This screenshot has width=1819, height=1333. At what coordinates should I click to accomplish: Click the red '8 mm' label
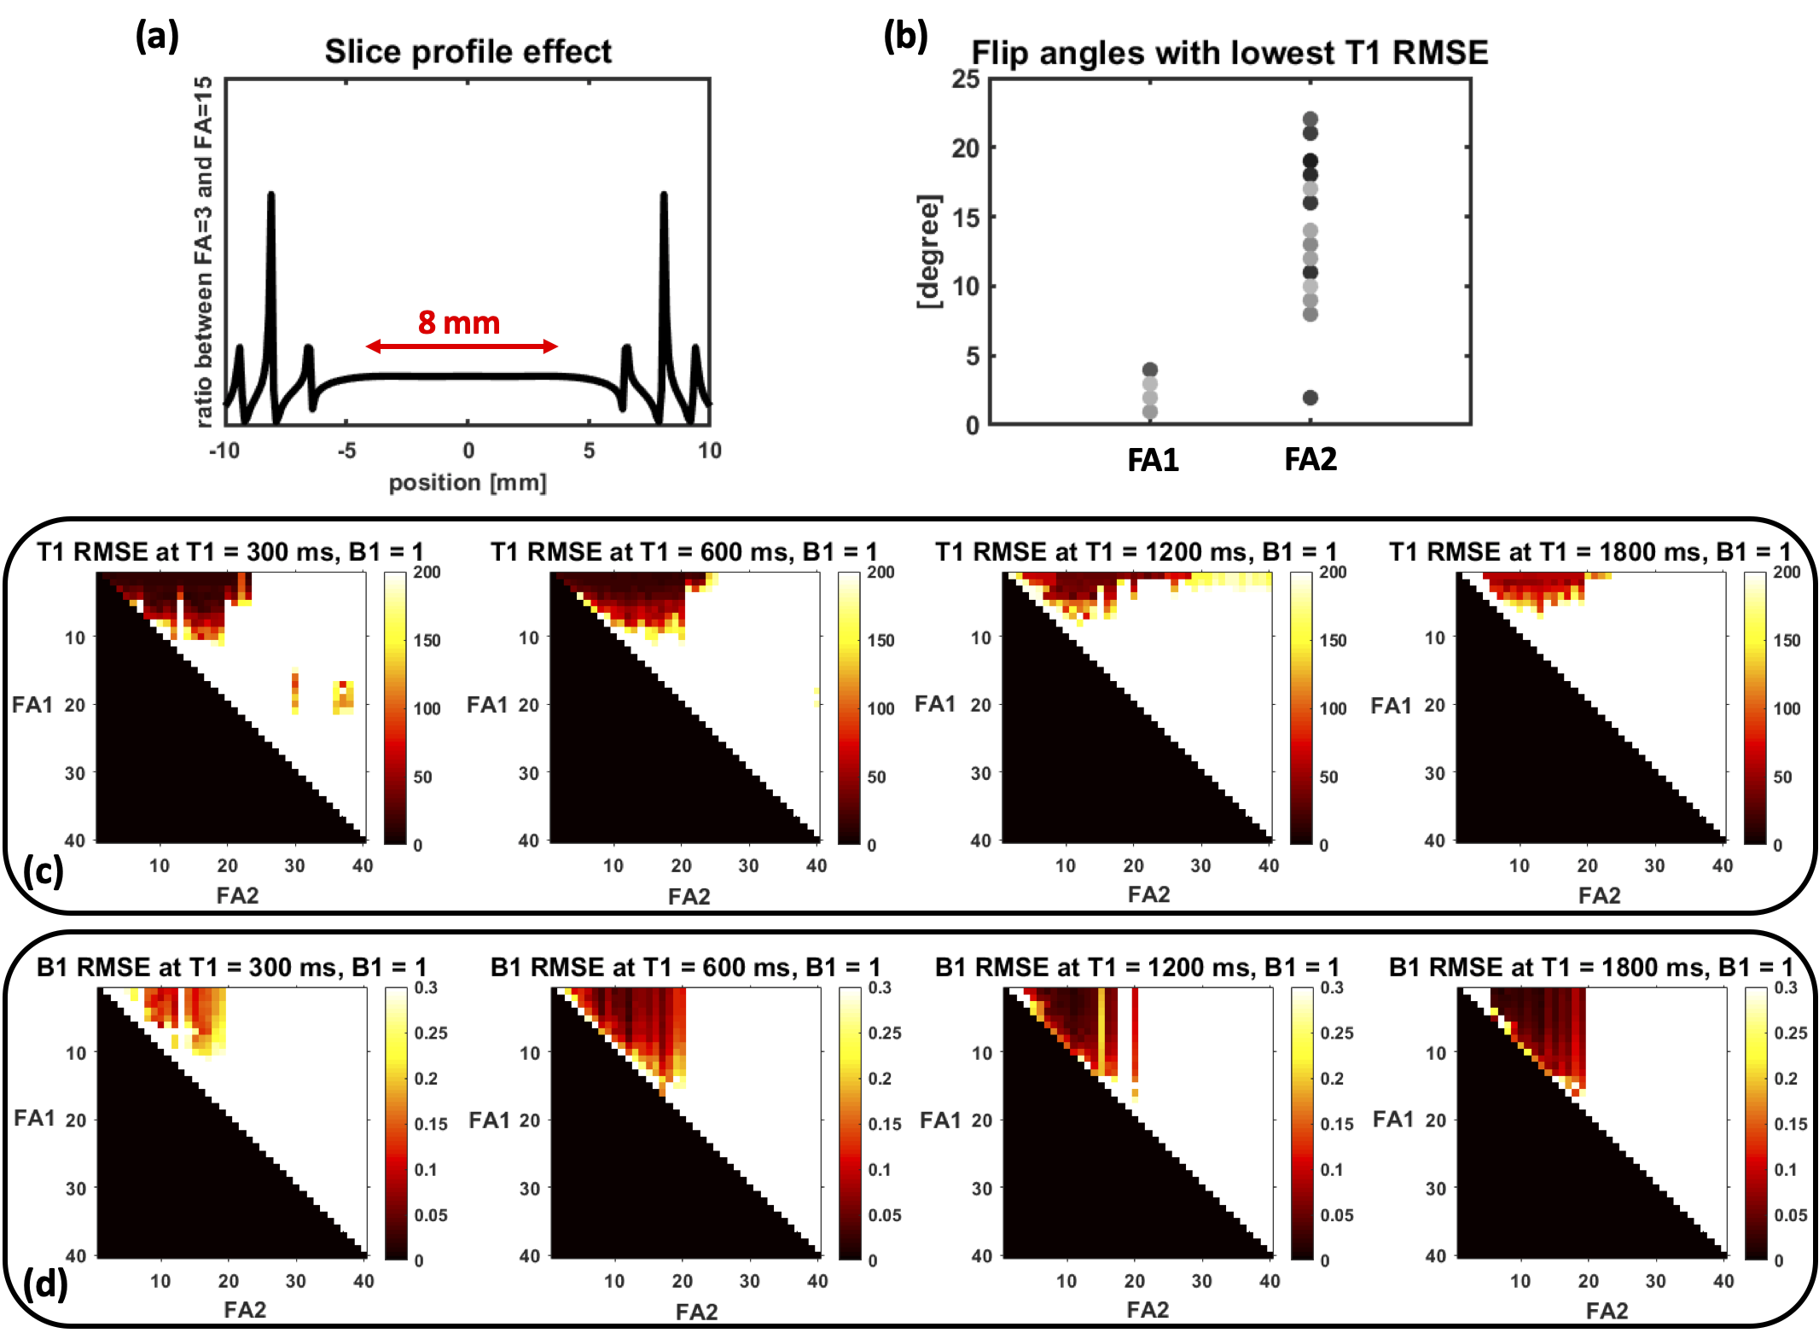click(x=459, y=323)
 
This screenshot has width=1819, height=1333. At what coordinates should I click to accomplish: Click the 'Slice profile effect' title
click(x=468, y=52)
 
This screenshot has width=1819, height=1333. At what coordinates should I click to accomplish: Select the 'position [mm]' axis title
click(x=468, y=483)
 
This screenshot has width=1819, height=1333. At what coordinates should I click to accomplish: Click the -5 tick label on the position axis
click(x=346, y=451)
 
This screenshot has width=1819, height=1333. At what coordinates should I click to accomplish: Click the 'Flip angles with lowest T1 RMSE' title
click(x=1229, y=53)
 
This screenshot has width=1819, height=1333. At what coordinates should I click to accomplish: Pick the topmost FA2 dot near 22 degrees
click(x=1310, y=119)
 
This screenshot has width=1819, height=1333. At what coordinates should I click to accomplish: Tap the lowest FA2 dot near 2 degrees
click(x=1310, y=398)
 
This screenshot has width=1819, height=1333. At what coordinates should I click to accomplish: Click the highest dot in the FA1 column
click(x=1150, y=370)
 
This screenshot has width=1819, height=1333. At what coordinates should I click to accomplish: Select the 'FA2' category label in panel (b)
click(x=1310, y=460)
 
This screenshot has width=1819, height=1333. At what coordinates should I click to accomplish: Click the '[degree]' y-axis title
click(x=929, y=252)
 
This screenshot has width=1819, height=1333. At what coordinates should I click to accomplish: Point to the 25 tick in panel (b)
click(x=966, y=79)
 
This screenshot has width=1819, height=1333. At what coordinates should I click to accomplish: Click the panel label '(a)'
click(x=157, y=37)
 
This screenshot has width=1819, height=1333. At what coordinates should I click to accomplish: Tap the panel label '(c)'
click(x=44, y=871)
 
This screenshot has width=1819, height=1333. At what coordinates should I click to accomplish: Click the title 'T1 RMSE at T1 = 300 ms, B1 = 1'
click(x=230, y=552)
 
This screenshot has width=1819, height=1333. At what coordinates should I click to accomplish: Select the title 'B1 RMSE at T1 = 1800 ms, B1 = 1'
click(x=1590, y=968)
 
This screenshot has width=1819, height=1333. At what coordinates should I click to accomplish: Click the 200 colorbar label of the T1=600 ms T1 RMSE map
click(x=880, y=573)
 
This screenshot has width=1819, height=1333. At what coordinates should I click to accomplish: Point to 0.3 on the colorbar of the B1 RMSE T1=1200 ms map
click(x=1332, y=988)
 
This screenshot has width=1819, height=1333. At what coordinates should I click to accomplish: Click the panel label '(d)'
click(x=45, y=1284)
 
